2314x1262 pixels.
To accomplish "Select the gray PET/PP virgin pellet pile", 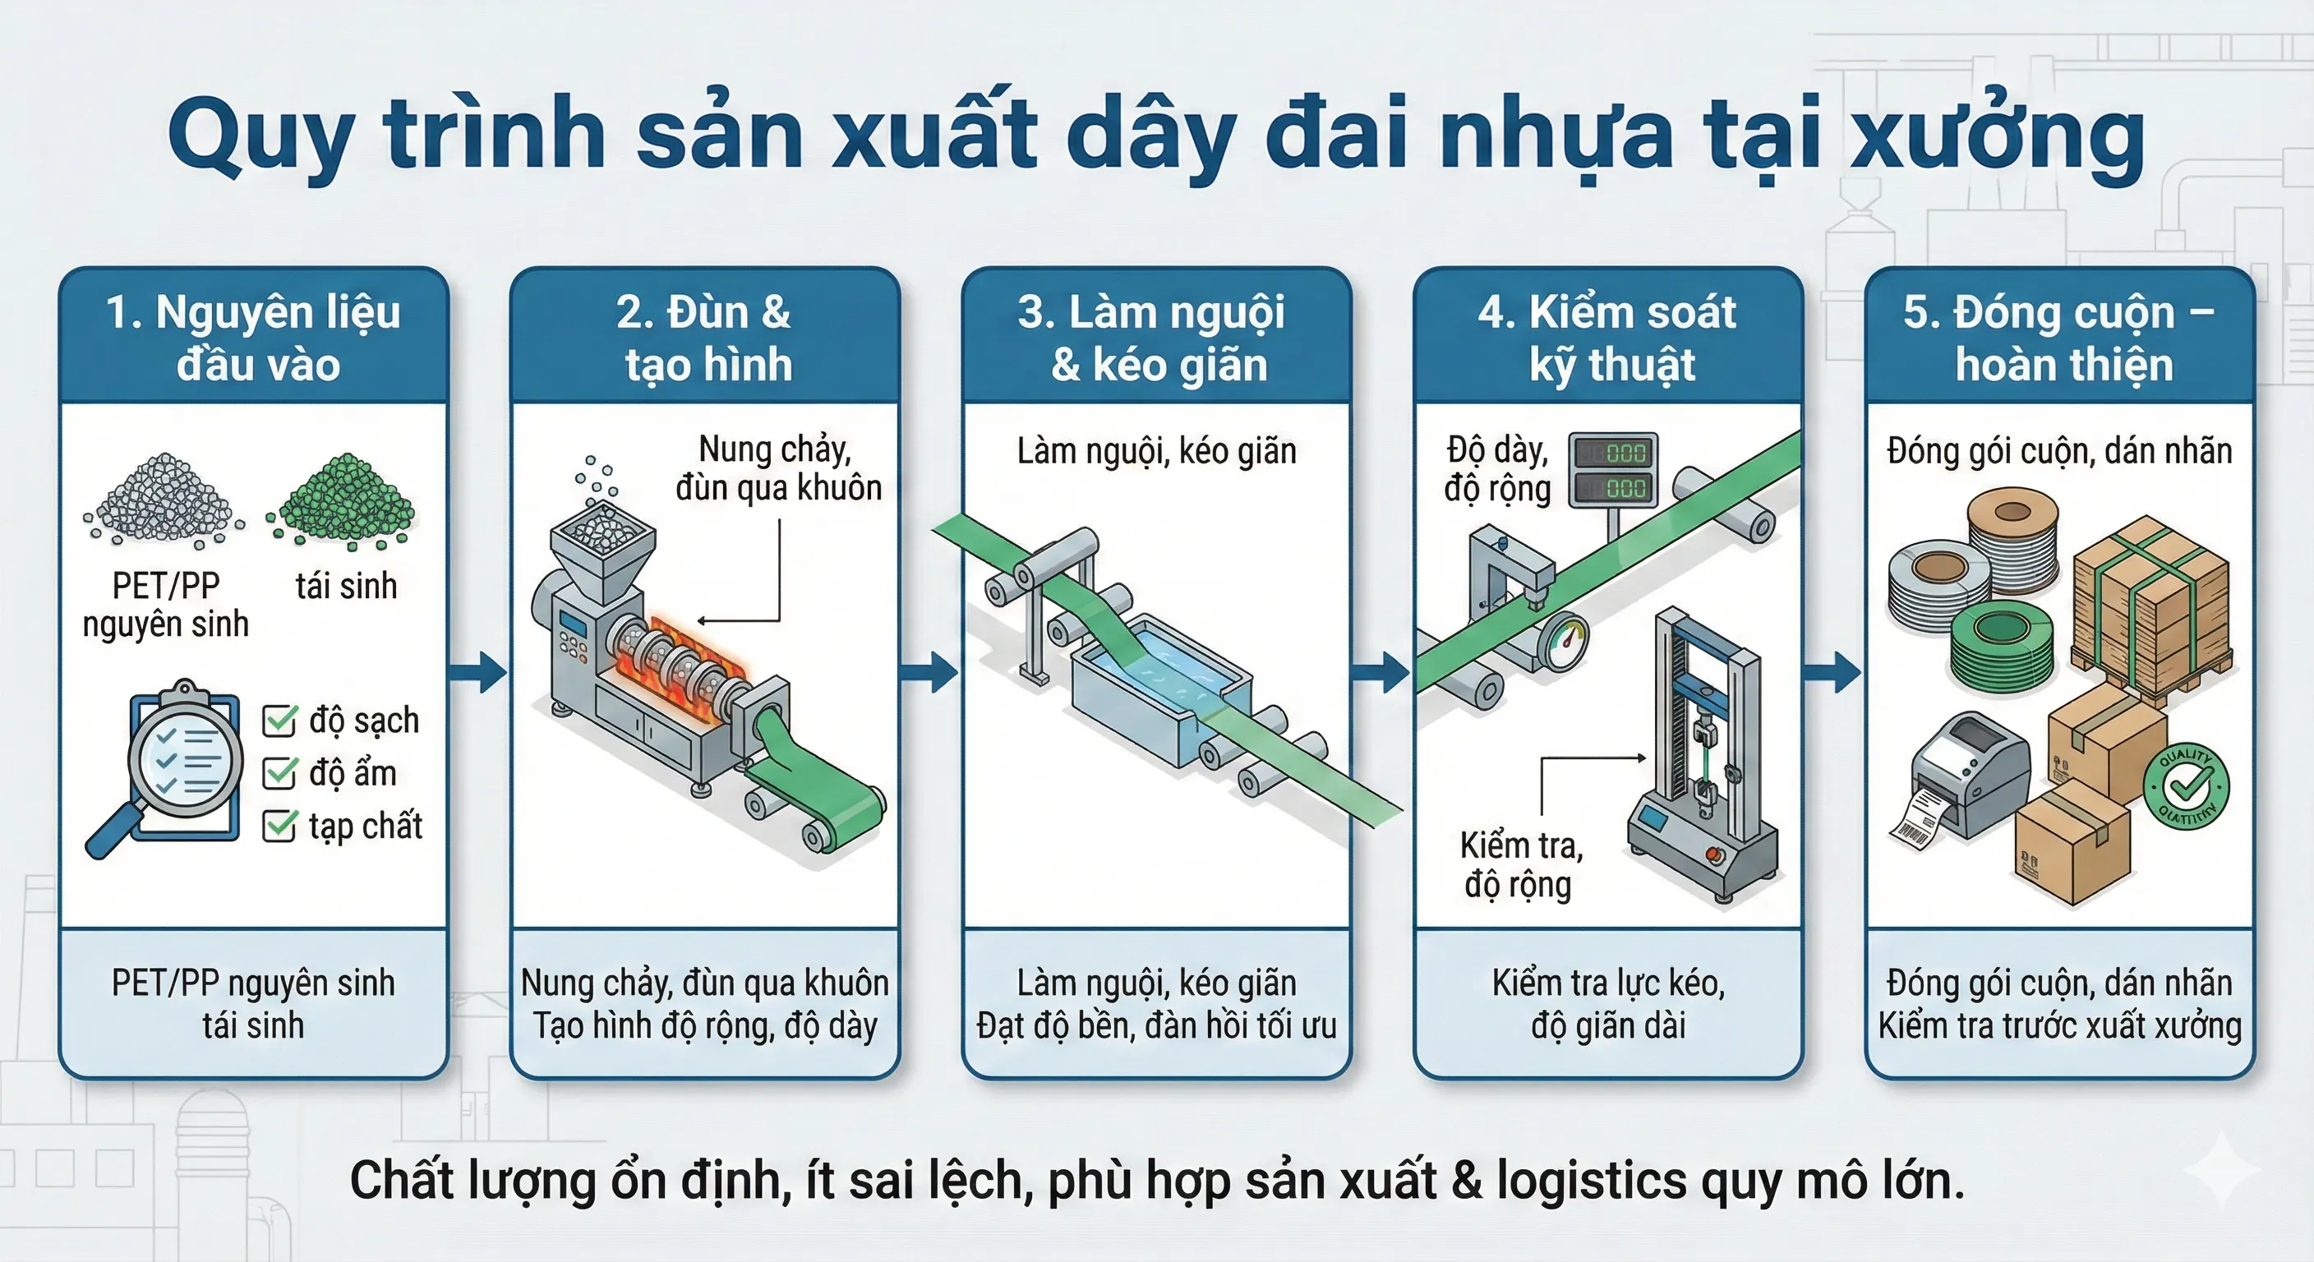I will pyautogui.click(x=164, y=501).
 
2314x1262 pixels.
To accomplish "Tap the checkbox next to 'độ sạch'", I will pyautogui.click(x=279, y=721).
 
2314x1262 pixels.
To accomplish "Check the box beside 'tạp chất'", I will pyautogui.click(x=279, y=826).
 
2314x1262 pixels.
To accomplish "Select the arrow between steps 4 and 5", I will pyautogui.click(x=1832, y=672).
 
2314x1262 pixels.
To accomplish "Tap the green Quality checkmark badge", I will pyautogui.click(x=2186, y=787).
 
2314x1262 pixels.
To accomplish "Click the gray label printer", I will pyautogui.click(x=1967, y=777).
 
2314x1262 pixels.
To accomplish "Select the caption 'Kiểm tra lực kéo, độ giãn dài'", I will pyautogui.click(x=1608, y=1004).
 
